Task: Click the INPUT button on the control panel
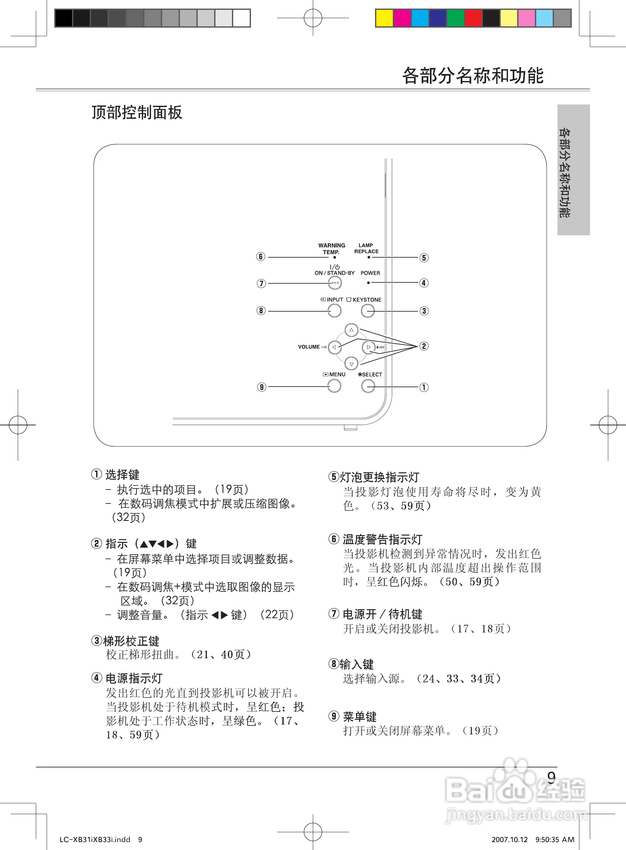click(x=334, y=311)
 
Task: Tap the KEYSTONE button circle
click(x=367, y=311)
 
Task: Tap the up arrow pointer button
click(x=351, y=330)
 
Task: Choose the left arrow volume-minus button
click(x=334, y=347)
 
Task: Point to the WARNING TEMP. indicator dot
click(x=335, y=257)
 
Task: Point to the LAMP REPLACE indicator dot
click(x=369, y=257)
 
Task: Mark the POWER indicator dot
click(x=369, y=283)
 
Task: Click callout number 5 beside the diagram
click(x=424, y=258)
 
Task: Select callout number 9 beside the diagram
click(x=261, y=387)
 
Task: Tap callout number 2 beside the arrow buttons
click(x=424, y=346)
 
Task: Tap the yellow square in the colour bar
click(x=384, y=18)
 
